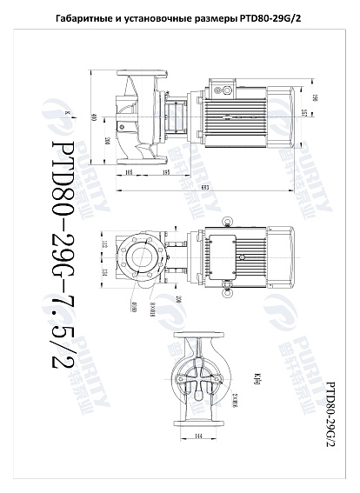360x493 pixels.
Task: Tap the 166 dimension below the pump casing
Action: coord(129,173)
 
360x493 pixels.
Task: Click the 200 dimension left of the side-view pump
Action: coord(106,141)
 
